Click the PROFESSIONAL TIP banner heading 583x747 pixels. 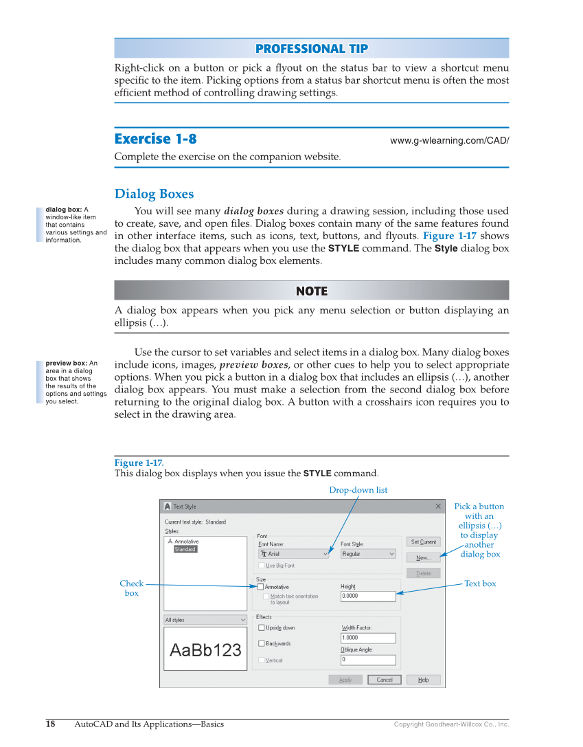pos(311,49)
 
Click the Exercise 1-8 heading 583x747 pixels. pos(155,139)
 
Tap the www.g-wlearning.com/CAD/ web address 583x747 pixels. pos(449,141)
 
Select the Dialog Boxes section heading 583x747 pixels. pos(154,194)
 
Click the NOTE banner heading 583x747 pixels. pos(311,291)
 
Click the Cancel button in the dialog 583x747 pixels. pos(385,680)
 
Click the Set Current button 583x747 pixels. pos(423,542)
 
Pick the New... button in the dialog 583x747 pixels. pos(423,557)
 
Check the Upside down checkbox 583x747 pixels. pos(262,627)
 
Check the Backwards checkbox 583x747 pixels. pos(262,643)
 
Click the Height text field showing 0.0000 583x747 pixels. pos(368,597)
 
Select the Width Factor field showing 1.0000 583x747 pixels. pos(368,638)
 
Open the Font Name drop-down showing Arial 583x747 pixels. pos(294,554)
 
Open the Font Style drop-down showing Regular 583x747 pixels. pos(368,554)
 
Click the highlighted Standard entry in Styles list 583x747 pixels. pos(185,549)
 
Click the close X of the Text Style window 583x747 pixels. pos(438,506)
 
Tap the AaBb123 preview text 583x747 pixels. pos(205,649)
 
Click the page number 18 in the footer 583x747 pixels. pos(51,724)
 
